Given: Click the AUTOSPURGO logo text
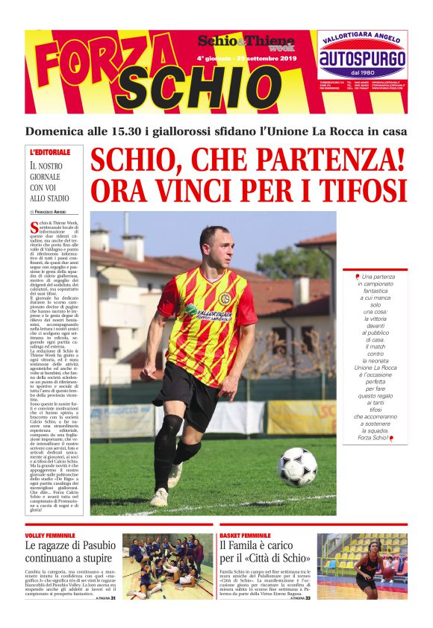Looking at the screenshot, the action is pyautogui.click(x=363, y=59).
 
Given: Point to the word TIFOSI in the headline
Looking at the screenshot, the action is pyautogui.click(x=358, y=189).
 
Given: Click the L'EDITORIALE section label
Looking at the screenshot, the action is pyautogui.click(x=50, y=152).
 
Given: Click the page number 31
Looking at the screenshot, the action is pyautogui.click(x=113, y=597).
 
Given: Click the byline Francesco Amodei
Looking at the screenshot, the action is pyautogui.click(x=54, y=213).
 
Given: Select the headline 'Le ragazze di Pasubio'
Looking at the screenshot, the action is pyautogui.click(x=69, y=553).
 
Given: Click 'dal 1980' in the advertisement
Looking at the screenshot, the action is pyautogui.click(x=363, y=73).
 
